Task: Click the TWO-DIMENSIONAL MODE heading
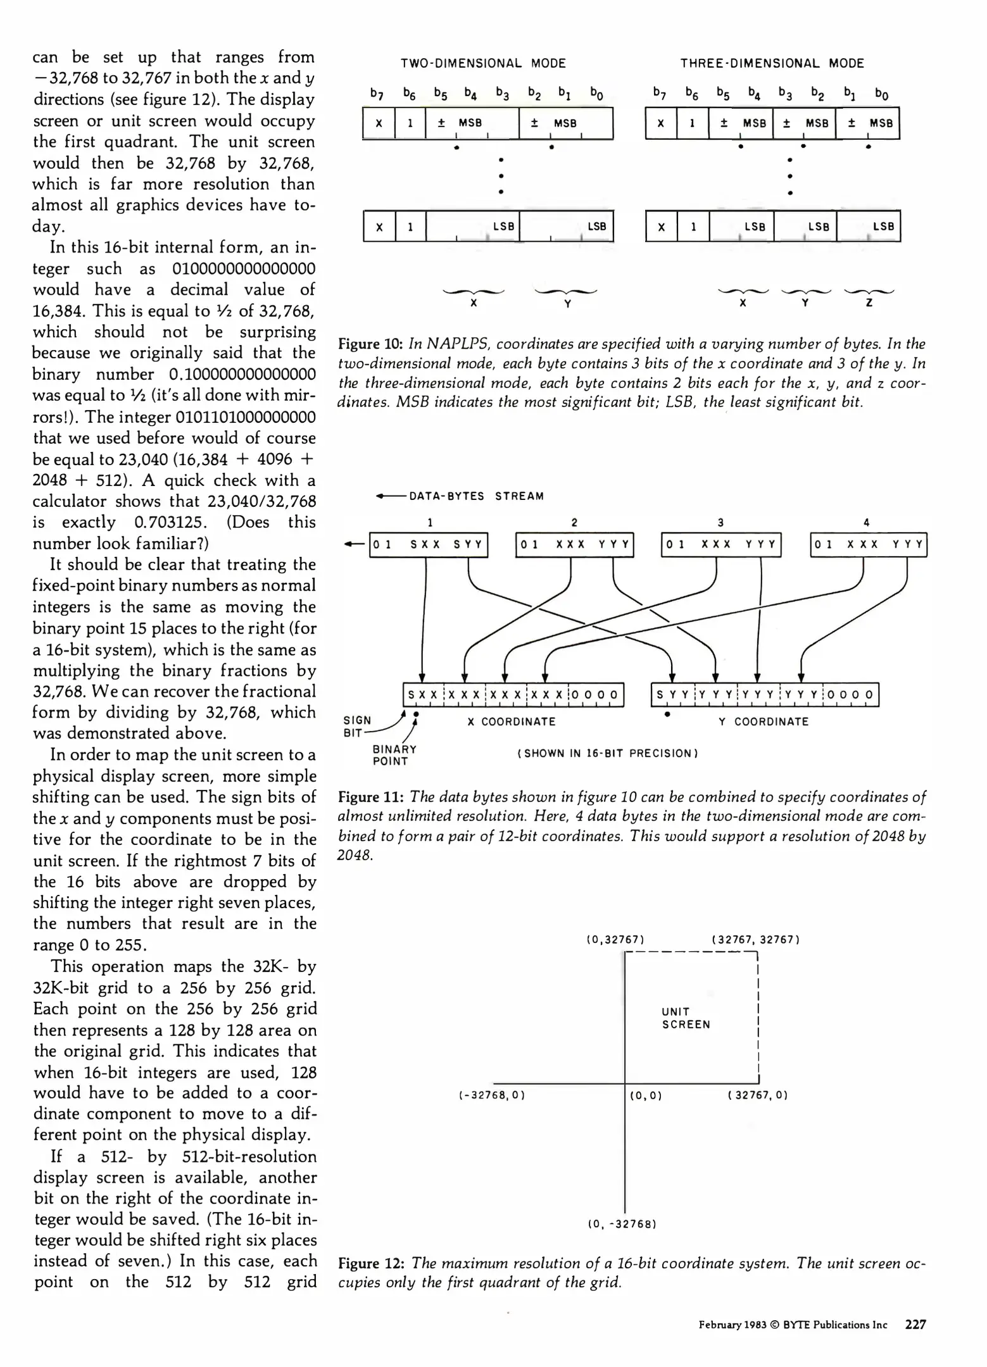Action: pos(483,63)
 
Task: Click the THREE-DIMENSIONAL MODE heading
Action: pos(772,63)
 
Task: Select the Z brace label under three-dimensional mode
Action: pos(869,303)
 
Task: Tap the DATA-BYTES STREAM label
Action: pos(476,496)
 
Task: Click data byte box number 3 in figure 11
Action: pos(721,544)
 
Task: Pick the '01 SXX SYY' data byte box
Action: pos(429,544)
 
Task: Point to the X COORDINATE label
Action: pos(512,721)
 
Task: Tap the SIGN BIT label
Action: pos(357,727)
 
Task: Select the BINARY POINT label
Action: pos(394,755)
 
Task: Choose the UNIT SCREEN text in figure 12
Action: pos(686,1018)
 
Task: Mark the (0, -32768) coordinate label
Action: pos(622,1224)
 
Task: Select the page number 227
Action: pos(915,1325)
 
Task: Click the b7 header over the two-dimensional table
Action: pos(377,95)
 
